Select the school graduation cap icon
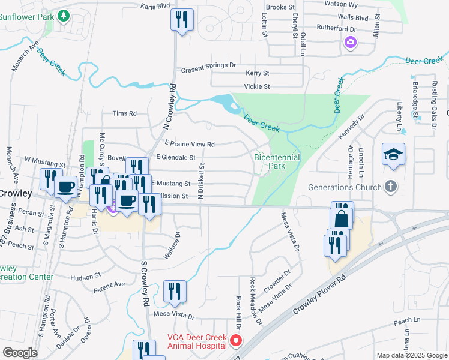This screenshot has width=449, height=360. (393, 155)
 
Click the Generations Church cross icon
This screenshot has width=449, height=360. (391, 187)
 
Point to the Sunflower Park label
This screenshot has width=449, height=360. (26, 17)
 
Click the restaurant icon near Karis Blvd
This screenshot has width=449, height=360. (182, 20)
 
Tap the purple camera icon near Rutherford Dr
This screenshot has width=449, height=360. (351, 43)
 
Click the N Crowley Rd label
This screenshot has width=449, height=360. (170, 106)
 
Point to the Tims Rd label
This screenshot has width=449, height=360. (125, 113)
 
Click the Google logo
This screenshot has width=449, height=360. (20, 353)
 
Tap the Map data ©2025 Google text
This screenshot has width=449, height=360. (412, 355)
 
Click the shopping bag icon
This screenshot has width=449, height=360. (341, 219)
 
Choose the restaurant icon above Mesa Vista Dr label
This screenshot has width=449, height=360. (175, 292)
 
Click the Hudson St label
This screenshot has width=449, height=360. (85, 277)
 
